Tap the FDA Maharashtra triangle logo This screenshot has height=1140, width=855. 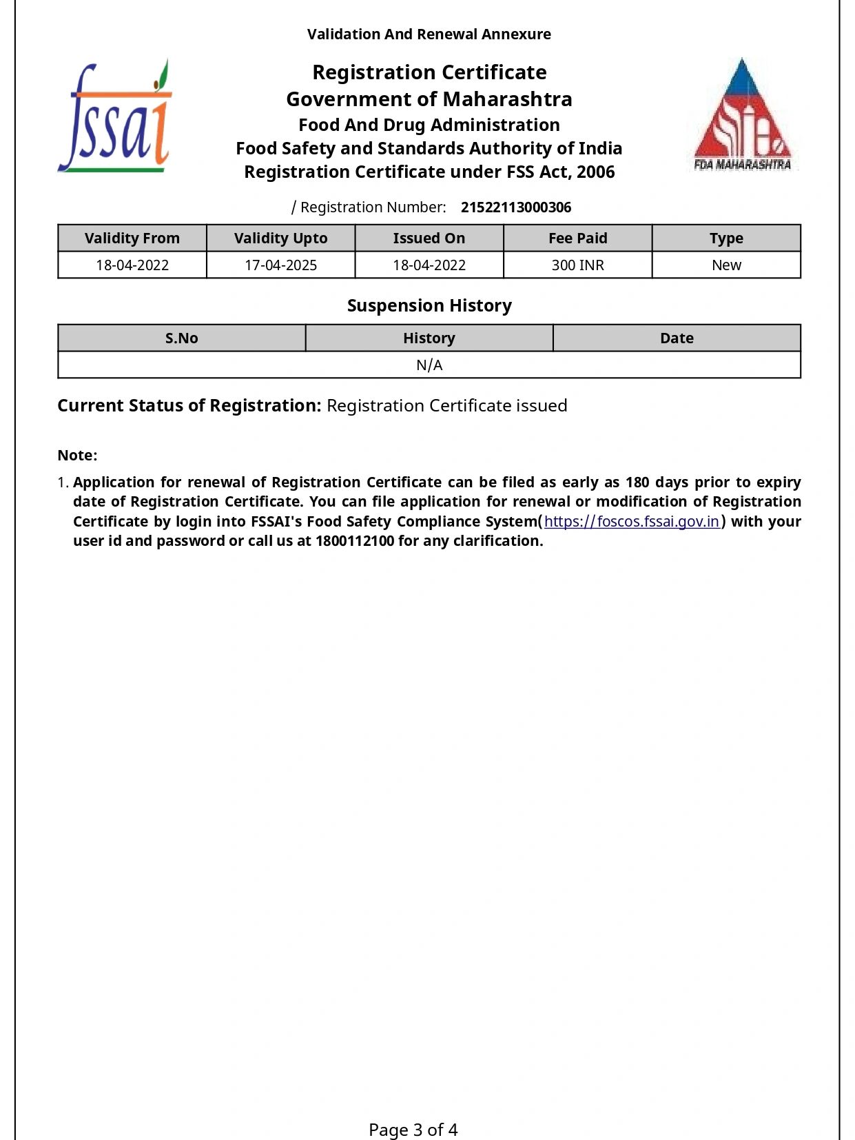742,114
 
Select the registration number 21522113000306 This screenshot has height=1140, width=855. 515,207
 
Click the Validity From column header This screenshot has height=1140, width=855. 132,238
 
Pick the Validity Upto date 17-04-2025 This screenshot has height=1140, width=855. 280,265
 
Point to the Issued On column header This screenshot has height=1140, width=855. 429,238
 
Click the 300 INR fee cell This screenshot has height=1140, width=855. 577,265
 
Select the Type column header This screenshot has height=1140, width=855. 726,238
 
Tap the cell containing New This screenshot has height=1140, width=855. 726,265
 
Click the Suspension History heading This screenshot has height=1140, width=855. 429,305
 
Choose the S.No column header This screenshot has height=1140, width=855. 182,338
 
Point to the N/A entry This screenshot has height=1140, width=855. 429,365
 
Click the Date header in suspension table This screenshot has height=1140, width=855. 677,338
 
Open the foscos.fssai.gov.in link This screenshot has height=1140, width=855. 631,522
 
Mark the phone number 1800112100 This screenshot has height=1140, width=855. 355,541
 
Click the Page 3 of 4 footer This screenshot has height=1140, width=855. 413,1130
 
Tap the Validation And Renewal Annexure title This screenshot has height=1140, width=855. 429,34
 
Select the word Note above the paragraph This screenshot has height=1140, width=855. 77,456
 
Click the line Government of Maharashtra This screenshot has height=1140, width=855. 429,99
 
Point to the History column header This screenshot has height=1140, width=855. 429,338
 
